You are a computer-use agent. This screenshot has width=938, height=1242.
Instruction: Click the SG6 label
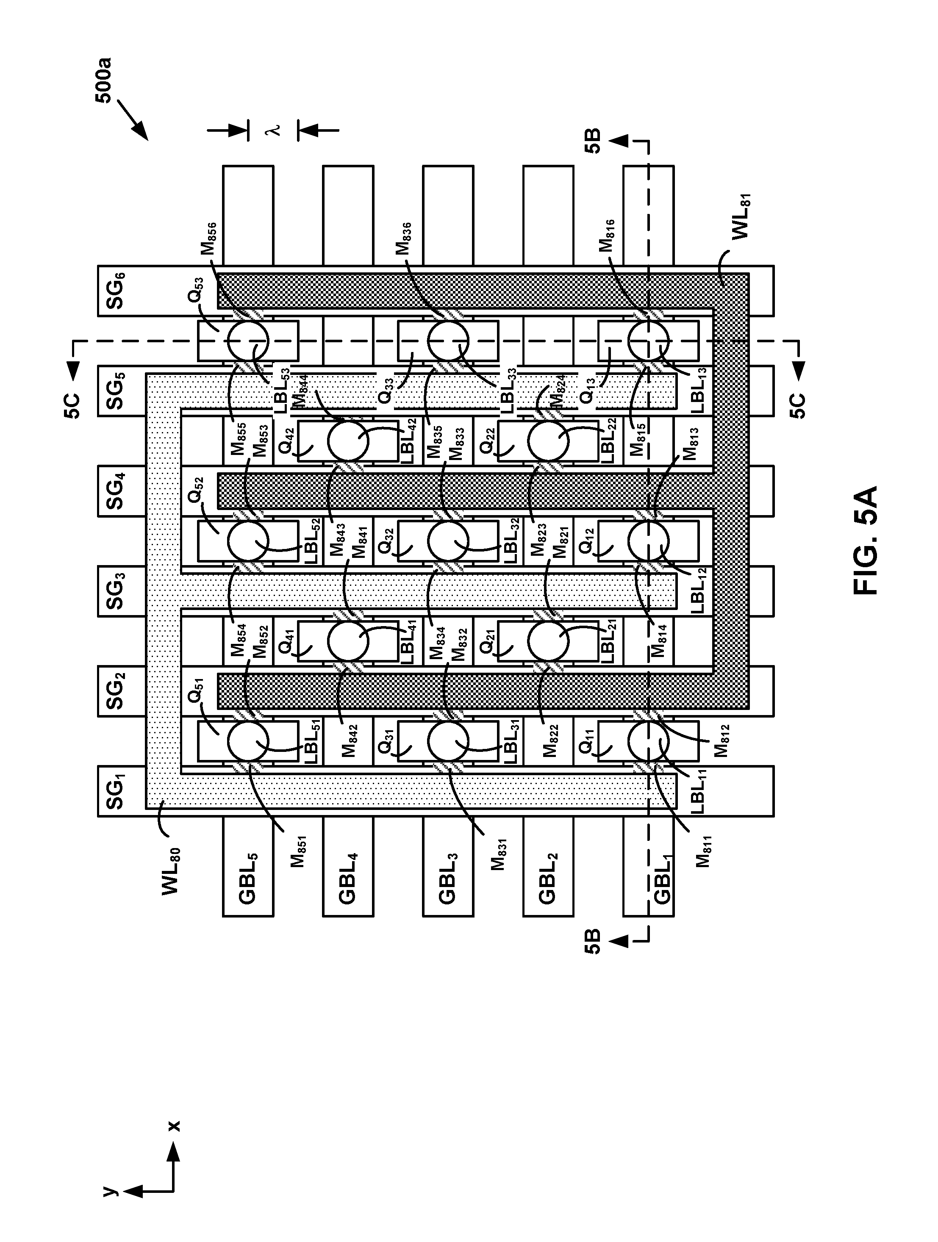coord(116,291)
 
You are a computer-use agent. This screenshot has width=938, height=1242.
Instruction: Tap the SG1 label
coord(116,791)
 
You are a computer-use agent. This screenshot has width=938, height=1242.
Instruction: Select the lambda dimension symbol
coord(274,130)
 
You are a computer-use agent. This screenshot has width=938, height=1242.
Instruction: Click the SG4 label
coord(116,491)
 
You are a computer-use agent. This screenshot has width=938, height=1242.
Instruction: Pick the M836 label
coord(405,238)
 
